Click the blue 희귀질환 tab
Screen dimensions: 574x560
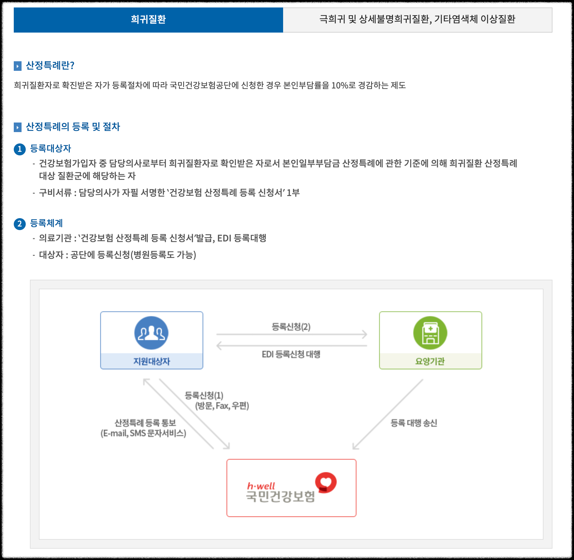coord(148,20)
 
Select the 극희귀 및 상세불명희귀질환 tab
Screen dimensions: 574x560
coord(417,20)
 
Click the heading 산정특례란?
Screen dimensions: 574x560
coord(50,65)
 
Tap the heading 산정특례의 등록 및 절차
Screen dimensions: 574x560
coord(73,127)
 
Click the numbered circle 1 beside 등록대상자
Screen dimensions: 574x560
coord(20,149)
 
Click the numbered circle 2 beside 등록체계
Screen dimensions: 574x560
coord(20,224)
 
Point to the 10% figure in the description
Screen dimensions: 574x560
coord(340,85)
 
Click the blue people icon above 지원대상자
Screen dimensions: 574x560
coord(151,333)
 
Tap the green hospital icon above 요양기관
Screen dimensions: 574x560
coord(430,333)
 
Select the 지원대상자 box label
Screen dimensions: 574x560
coord(151,361)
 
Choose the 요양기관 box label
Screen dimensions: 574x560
coord(430,361)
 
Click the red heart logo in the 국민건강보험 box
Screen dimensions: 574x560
coord(326,482)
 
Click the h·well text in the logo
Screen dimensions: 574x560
coord(261,486)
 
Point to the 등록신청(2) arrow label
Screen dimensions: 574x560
coord(291,327)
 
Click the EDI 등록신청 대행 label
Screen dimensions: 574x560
coord(291,354)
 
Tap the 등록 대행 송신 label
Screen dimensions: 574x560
coord(414,423)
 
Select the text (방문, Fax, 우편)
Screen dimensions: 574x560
coord(222,406)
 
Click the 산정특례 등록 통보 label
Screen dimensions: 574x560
coord(145,423)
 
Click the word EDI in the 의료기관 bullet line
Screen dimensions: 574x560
coord(224,238)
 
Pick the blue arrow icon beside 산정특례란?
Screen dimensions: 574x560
coord(18,66)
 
